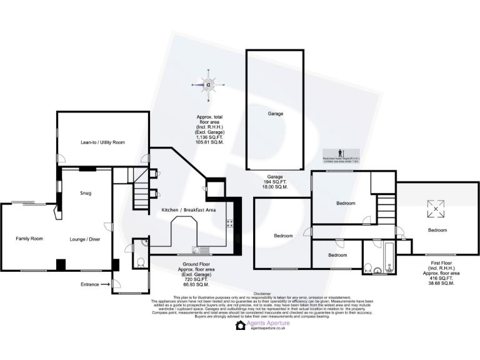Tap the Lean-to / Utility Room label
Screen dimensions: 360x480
coord(102,142)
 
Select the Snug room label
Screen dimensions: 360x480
coord(86,193)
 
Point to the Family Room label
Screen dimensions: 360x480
coord(29,239)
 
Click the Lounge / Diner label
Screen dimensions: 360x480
coord(85,239)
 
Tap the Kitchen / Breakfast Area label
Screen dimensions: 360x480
coord(189,210)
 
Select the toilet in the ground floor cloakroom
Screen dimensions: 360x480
coord(141,262)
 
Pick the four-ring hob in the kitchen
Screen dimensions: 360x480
coord(229,224)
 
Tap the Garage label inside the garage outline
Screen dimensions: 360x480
coord(276,114)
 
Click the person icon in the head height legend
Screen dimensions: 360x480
coord(339,152)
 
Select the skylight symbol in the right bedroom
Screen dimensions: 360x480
coord(433,209)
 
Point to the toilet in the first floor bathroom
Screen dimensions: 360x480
coord(369,268)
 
